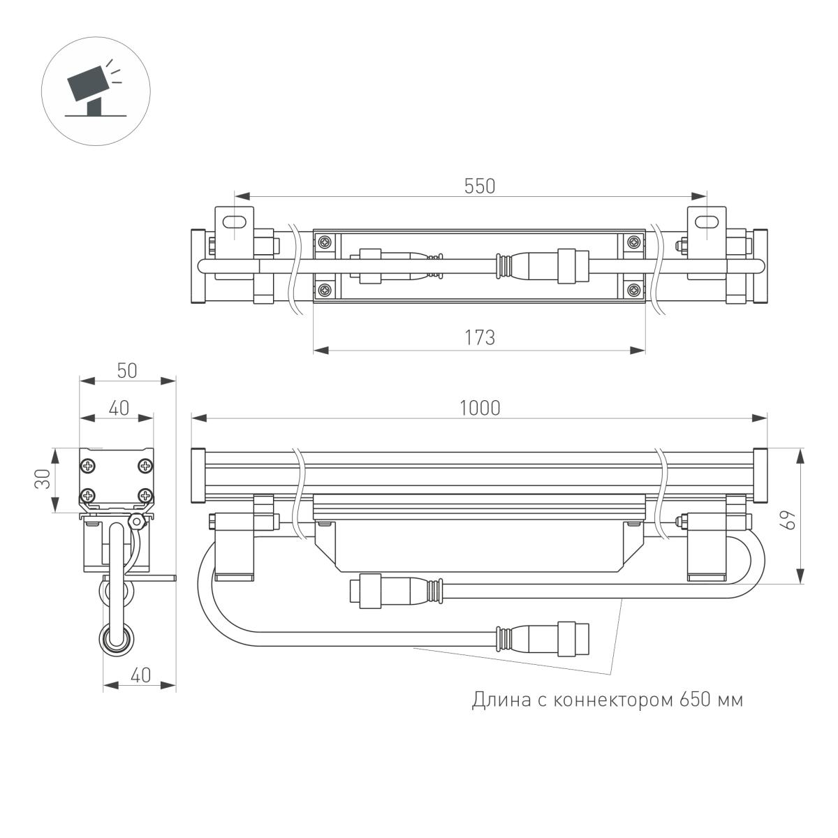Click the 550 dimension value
point(480,186)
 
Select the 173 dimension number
point(480,337)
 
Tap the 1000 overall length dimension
point(480,408)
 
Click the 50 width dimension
point(126,371)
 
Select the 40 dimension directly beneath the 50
point(119,408)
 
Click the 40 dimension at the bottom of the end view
point(140,675)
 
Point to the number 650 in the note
point(693,699)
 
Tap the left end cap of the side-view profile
point(197,474)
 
